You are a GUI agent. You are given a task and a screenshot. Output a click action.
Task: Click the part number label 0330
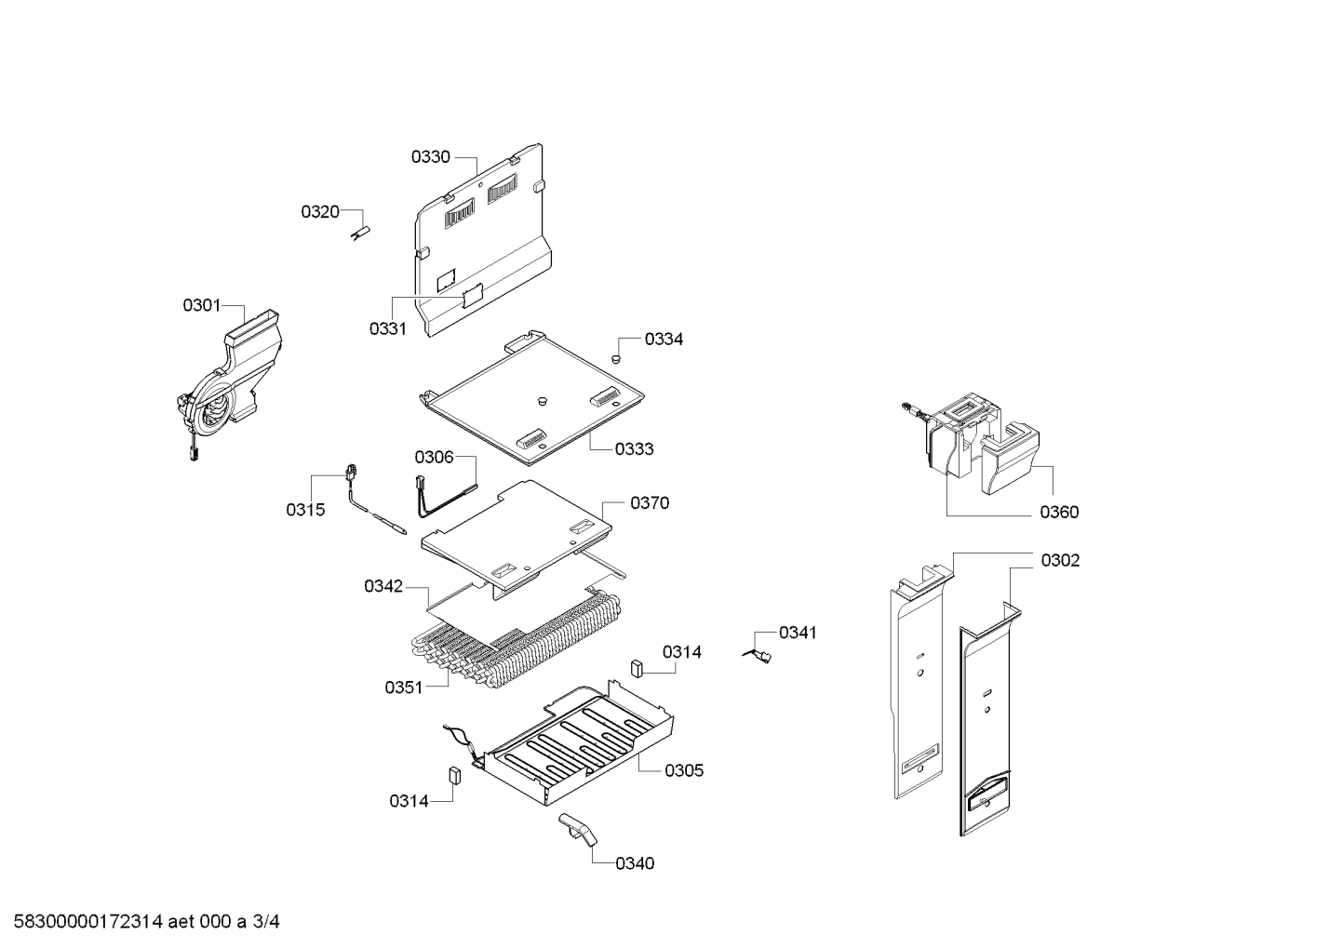click(431, 157)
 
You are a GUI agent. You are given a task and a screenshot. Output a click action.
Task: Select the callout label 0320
click(319, 212)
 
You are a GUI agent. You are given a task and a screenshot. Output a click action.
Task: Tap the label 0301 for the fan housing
click(201, 305)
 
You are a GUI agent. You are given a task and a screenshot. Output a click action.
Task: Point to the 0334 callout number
click(664, 340)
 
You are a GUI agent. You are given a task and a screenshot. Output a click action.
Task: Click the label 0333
click(634, 449)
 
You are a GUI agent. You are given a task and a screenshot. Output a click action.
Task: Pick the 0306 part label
click(434, 457)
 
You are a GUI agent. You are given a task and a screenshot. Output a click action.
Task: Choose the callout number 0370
click(650, 503)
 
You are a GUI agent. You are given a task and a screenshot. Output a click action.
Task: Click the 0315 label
click(305, 510)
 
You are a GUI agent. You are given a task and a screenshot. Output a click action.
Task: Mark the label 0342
click(383, 586)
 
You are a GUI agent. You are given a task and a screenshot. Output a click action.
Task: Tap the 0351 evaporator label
click(404, 688)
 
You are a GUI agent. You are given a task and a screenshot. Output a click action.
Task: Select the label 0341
click(798, 634)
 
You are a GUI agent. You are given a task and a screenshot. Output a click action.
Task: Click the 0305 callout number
click(684, 770)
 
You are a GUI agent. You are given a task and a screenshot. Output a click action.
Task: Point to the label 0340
click(635, 863)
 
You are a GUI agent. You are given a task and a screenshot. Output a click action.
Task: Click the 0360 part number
click(1060, 513)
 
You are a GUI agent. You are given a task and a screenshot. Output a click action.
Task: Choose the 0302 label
click(1061, 561)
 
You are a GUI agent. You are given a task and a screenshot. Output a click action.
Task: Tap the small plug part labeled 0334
click(615, 357)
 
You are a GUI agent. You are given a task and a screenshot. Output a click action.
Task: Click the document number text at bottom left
click(141, 923)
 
